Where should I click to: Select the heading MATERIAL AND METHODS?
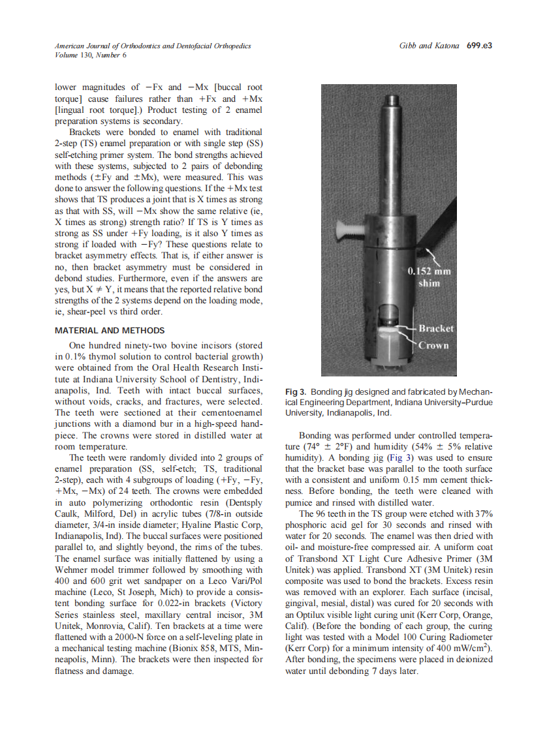pos(110,330)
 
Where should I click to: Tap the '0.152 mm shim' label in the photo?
pos(429,277)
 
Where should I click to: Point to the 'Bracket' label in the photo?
pos(435,328)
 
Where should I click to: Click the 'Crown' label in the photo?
pos(433,344)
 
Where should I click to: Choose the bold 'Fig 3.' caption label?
pos(296,392)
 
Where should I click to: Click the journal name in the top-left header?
pos(152,46)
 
